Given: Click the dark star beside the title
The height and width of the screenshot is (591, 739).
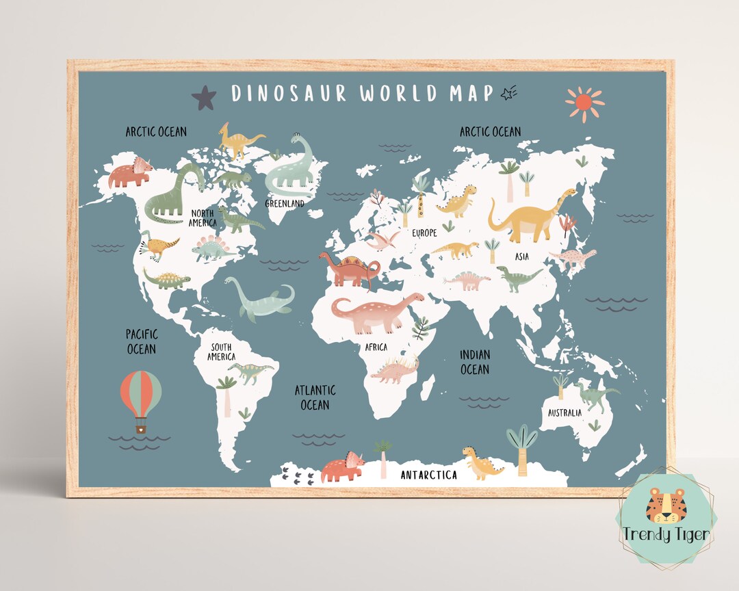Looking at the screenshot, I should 204,98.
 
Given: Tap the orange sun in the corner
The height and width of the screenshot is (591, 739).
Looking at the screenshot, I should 584,103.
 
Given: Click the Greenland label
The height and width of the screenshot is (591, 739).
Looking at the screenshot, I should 285,203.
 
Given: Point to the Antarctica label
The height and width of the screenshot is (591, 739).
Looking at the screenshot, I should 429,475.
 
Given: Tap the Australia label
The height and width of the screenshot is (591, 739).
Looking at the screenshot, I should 565,412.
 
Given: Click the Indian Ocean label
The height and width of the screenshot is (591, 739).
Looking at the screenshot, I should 474,362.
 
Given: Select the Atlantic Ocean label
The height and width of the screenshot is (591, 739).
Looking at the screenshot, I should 315,397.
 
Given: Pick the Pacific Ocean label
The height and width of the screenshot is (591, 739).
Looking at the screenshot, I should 141,341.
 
